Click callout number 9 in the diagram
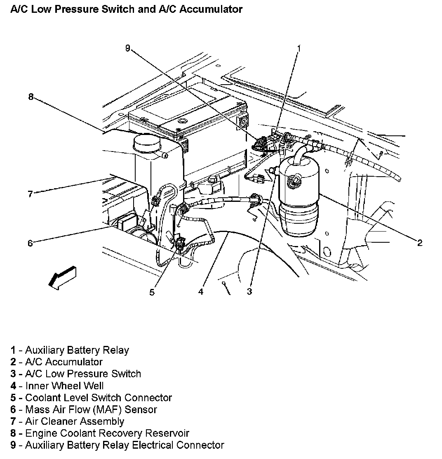(128, 48)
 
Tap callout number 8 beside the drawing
(31, 97)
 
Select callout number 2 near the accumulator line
(420, 243)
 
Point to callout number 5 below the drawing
(152, 292)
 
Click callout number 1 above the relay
(299, 48)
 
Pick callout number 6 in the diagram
(30, 243)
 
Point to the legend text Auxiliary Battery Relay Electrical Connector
(118, 445)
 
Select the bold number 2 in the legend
(13, 362)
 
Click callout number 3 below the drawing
(249, 292)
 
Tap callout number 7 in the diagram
(30, 194)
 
